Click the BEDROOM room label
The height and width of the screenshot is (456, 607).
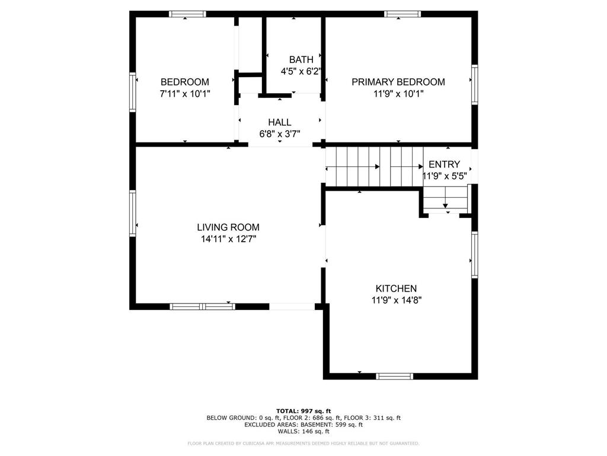[x=185, y=82]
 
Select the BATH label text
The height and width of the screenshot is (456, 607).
[x=301, y=59]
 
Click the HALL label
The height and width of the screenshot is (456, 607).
[x=279, y=122]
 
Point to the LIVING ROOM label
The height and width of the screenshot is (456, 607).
[x=228, y=227]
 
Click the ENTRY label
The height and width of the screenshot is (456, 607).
[x=444, y=164]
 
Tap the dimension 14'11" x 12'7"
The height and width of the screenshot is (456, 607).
[x=228, y=239]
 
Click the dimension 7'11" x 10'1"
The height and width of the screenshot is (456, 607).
[x=185, y=94]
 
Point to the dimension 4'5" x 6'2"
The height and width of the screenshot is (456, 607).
[x=301, y=71]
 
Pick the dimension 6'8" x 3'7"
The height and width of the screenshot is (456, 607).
[x=279, y=134]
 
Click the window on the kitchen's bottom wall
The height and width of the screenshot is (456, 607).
[x=395, y=376]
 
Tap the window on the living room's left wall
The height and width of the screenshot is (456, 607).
[x=133, y=213]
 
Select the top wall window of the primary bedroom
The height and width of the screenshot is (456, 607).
[x=402, y=14]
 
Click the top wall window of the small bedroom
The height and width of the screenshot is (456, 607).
[x=187, y=14]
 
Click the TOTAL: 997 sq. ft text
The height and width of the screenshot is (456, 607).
[x=303, y=411]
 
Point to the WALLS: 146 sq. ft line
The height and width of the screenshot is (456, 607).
[x=303, y=432]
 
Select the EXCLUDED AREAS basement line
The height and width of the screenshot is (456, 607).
[x=303, y=425]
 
